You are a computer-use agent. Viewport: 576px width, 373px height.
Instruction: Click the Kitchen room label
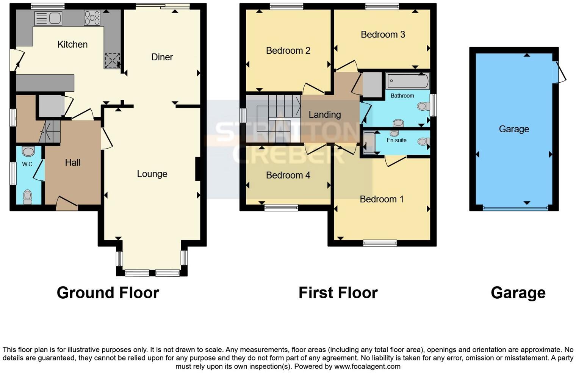[72, 44]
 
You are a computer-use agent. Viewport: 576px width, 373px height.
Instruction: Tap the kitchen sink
[48, 18]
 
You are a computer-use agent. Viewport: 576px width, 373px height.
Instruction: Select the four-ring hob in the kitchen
[92, 18]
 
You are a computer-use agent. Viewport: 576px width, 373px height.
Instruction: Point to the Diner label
[162, 57]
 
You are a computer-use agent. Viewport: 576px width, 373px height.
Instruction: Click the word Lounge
[152, 174]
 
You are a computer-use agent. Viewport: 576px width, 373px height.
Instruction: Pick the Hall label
[72, 162]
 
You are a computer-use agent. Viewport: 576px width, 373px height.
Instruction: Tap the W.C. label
[28, 164]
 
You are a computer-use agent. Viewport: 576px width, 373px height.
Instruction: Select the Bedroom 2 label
[288, 50]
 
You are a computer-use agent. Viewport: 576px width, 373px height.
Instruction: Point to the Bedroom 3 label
[383, 34]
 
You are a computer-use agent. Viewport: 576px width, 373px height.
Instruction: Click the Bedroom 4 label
[288, 175]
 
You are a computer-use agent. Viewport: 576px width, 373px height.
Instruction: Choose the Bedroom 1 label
[382, 199]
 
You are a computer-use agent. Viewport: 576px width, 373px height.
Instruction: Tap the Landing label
[325, 114]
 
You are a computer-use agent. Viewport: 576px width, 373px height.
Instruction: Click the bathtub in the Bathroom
[408, 81]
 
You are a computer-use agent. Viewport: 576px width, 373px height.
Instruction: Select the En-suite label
[396, 140]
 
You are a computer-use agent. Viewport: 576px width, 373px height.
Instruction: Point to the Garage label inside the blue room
[514, 129]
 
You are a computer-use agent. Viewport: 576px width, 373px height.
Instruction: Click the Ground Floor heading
[108, 293]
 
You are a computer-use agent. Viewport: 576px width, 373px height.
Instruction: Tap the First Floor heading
[338, 293]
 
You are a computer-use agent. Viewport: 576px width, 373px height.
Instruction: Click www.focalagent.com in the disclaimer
[367, 367]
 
